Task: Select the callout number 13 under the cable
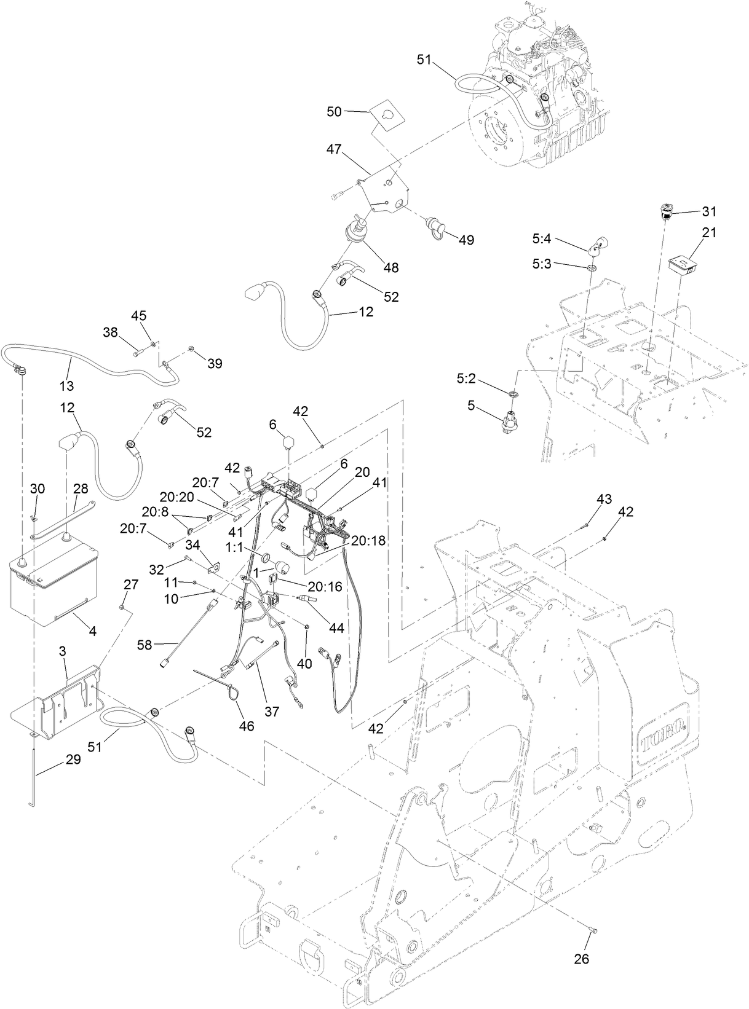66,386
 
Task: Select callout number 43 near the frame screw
604,500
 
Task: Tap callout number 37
271,711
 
